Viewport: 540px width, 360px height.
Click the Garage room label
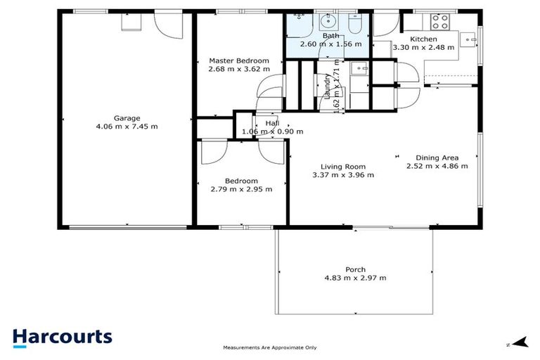(127, 118)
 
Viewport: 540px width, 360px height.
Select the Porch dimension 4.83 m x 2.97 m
(355, 278)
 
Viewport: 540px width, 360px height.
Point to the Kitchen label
(424, 39)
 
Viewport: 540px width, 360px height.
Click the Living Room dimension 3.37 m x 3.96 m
(343, 175)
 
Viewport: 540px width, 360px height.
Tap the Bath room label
(330, 36)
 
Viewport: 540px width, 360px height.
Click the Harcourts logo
(63, 336)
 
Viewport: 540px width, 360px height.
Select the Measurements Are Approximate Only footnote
(270, 347)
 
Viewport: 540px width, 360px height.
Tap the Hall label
(272, 123)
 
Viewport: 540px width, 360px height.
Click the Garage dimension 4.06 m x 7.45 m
(127, 127)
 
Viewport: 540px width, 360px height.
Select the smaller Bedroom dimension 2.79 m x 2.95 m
(241, 188)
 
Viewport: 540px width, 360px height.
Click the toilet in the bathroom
(354, 26)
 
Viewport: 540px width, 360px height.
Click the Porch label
(355, 269)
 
